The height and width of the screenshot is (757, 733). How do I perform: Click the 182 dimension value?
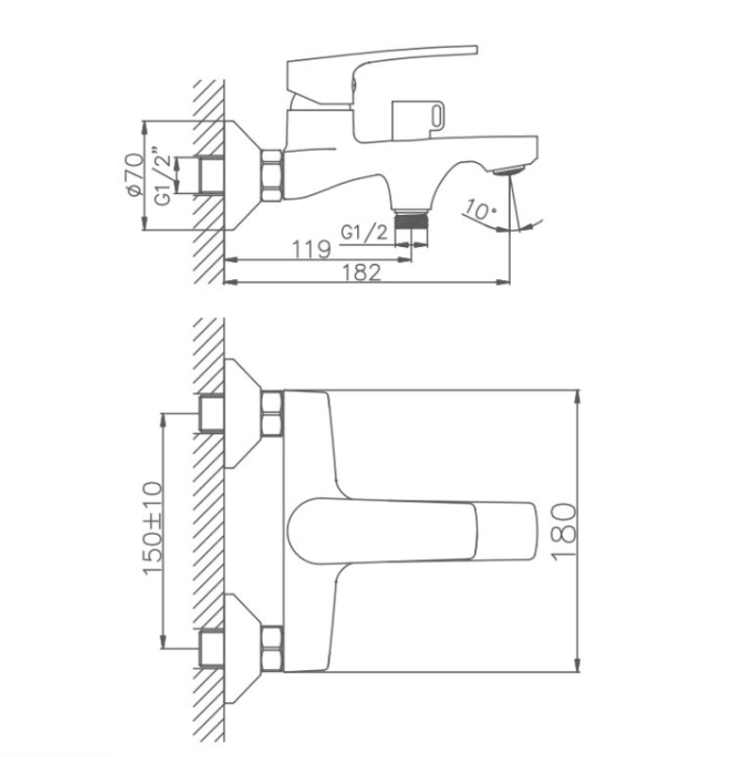tap(362, 272)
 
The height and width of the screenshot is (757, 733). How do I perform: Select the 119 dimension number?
tap(312, 250)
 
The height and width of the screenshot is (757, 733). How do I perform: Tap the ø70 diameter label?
tap(135, 174)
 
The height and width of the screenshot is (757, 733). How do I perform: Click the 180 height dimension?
tap(563, 532)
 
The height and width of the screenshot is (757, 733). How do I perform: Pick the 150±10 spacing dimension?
tap(153, 528)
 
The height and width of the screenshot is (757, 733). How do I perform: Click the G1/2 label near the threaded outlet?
tap(365, 233)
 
